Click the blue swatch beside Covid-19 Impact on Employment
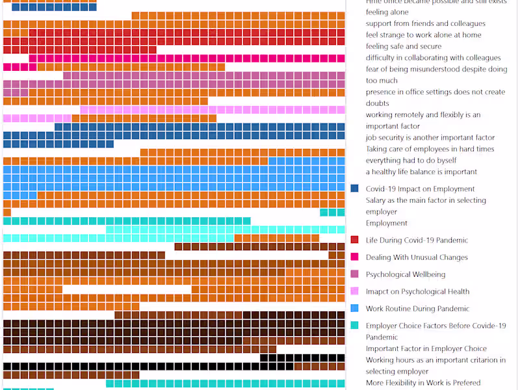pos(354,188)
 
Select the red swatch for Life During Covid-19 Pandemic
pos(354,240)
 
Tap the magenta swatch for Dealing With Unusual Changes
pos(354,257)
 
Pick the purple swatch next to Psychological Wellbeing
pos(354,274)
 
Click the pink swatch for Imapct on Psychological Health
pos(354,291)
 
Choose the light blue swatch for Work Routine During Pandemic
pos(354,308)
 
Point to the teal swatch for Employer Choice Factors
pos(354,326)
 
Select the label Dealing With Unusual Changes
pos(417,257)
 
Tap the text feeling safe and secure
pos(403,46)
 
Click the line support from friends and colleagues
pos(425,23)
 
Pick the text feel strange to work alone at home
pos(423,35)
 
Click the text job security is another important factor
pos(430,138)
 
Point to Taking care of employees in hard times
pos(430,149)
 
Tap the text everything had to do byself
pos(411,161)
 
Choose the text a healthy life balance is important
pos(421,172)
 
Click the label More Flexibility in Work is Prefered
pos(423,382)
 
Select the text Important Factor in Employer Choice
pos(426,348)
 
